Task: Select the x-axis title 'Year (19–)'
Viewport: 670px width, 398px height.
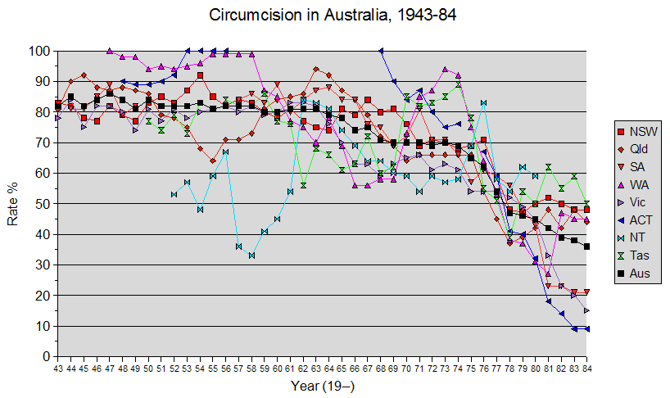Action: [322, 385]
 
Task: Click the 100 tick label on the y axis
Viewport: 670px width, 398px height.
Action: [38, 51]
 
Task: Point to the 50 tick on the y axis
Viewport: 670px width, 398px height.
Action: [41, 204]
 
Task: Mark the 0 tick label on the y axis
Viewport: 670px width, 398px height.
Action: [44, 357]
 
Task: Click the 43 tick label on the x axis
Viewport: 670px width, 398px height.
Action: [57, 369]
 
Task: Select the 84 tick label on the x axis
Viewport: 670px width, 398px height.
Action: [586, 369]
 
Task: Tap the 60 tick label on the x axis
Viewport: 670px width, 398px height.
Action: [277, 369]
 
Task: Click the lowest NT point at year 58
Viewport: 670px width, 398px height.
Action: [251, 256]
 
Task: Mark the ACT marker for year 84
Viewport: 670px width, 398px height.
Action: [586, 329]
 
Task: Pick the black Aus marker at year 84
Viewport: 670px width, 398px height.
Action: [586, 246]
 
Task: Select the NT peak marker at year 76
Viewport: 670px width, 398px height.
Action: [483, 103]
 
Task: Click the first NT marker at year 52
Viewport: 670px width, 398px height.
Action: [174, 194]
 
